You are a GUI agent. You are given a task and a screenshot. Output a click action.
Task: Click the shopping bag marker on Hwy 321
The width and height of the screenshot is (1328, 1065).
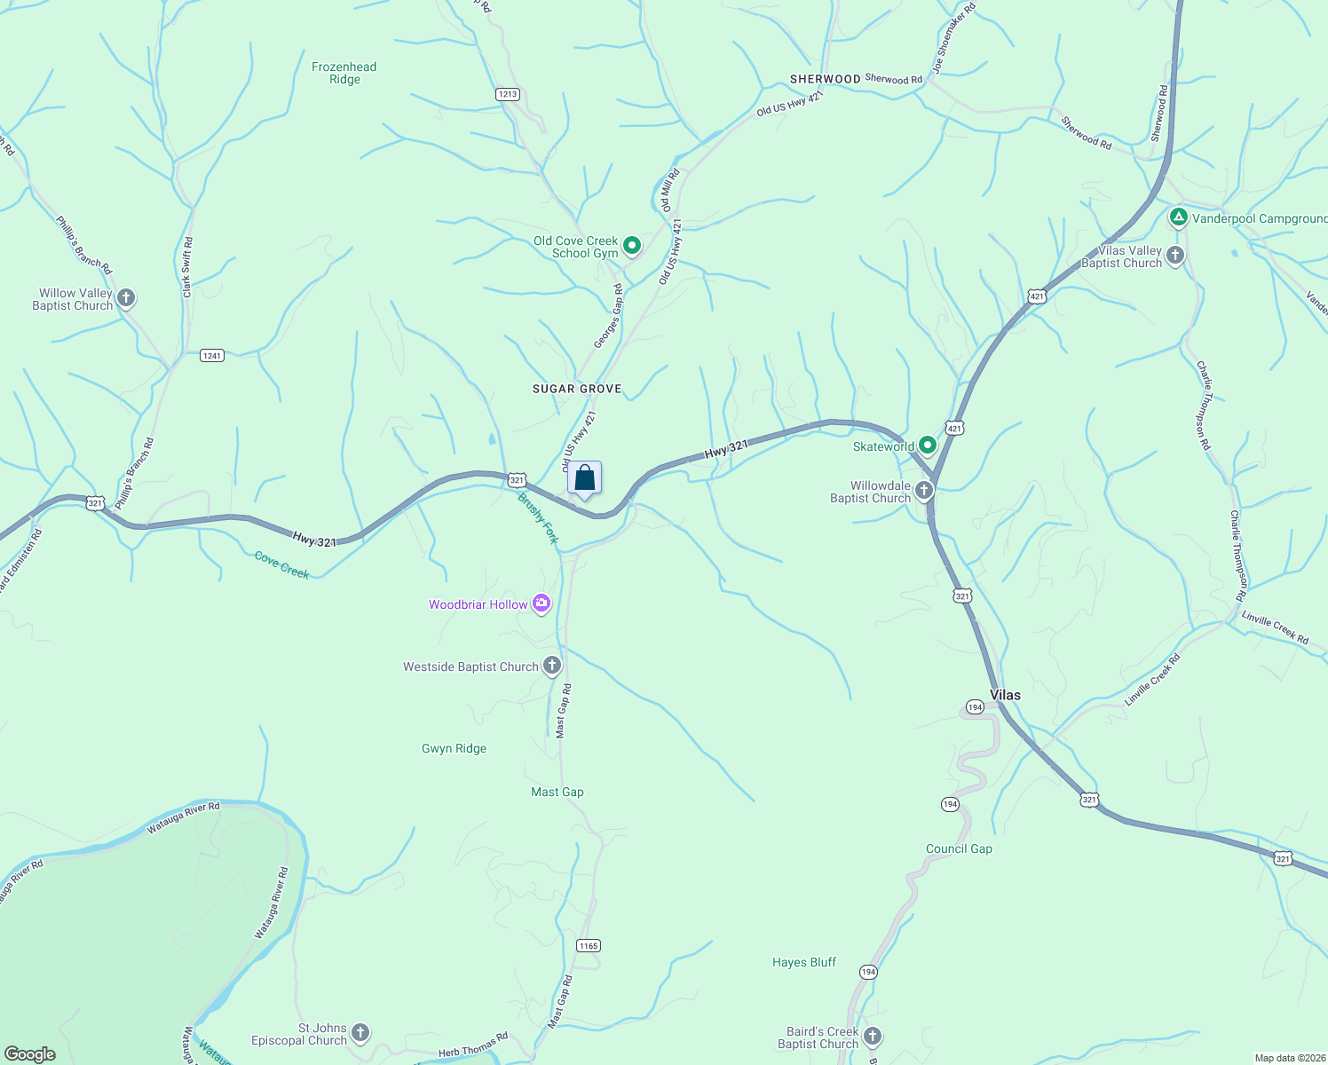coord(584,478)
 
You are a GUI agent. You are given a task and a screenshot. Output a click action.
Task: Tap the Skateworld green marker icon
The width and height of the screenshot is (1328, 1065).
coord(928,445)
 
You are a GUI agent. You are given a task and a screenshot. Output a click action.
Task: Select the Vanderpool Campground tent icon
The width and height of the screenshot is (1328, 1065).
coord(1178,217)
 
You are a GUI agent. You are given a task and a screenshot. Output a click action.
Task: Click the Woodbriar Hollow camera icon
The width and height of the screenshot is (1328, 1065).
coord(541,604)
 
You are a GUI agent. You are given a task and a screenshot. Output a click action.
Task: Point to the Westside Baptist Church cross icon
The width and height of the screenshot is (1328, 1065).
coord(551,666)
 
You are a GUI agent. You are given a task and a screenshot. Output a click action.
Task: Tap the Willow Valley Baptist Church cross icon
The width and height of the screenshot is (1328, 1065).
coord(126,298)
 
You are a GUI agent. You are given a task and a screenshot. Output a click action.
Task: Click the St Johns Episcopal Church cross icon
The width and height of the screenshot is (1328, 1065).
coord(360,1032)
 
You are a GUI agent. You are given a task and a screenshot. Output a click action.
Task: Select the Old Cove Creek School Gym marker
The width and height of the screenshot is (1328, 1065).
coord(631,245)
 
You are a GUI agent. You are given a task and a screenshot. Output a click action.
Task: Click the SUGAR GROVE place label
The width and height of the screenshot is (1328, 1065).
coord(577,389)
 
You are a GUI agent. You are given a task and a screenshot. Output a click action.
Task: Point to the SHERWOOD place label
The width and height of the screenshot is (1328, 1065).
coord(825,79)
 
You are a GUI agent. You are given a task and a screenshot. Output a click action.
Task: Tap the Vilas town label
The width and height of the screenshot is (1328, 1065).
coord(1005,695)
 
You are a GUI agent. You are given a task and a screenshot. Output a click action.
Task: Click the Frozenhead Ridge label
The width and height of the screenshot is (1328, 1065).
coord(344,73)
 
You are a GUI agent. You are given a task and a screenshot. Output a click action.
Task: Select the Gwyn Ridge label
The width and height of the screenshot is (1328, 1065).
coord(454,748)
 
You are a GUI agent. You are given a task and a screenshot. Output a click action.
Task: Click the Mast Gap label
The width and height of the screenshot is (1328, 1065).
coord(557,792)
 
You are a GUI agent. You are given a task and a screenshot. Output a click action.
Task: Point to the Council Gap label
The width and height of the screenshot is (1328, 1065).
coord(959,848)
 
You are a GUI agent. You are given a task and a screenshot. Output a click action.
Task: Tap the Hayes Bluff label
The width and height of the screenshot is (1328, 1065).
coord(804,962)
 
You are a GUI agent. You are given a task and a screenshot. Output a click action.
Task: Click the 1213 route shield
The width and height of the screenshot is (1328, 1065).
coord(507,94)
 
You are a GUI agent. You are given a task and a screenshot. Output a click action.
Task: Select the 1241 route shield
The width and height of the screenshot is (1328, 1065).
coord(211,355)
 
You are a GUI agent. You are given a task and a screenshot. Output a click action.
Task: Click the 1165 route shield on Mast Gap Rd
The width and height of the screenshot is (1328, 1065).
coord(589,945)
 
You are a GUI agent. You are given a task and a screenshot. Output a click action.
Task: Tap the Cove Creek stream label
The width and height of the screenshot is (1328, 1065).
coord(281,565)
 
